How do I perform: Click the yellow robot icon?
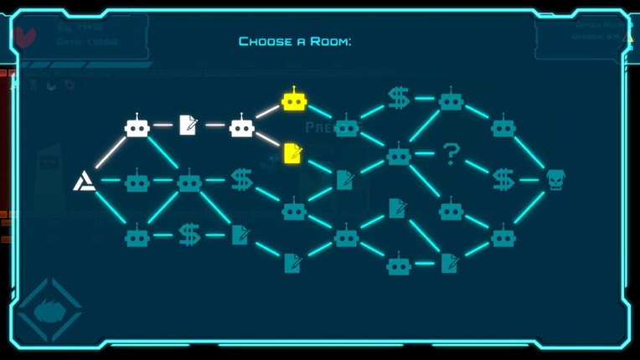(294, 100)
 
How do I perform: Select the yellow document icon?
(292, 153)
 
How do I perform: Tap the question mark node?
(451, 153)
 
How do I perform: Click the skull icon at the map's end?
(555, 179)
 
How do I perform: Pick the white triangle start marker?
(84, 180)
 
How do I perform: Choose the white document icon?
(188, 126)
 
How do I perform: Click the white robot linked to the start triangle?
(137, 126)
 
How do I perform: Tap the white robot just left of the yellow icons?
(241, 126)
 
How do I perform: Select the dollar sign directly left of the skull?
(503, 179)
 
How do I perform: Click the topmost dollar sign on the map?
(398, 99)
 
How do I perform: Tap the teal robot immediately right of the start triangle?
(137, 181)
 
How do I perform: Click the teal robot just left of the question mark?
(399, 155)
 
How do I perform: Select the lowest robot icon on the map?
(399, 265)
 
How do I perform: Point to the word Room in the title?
(332, 41)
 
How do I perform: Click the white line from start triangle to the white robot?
(109, 153)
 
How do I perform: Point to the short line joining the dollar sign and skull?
(529, 179)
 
